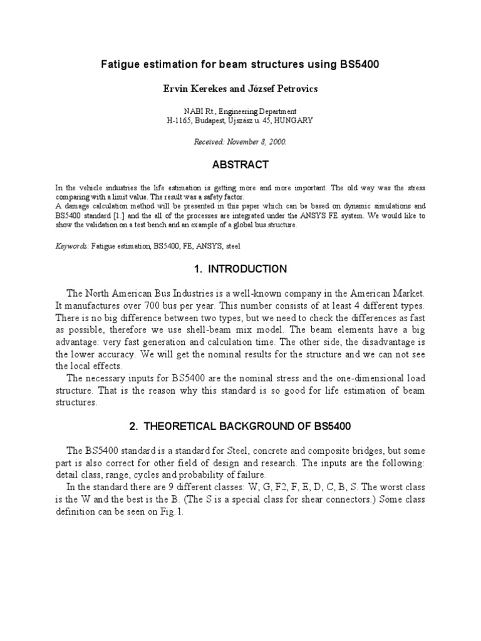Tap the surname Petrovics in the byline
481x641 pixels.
pos(296,89)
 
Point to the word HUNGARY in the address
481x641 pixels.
pos(293,120)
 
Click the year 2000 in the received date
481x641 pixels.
pos(275,142)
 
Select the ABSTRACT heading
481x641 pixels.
pos(240,165)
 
